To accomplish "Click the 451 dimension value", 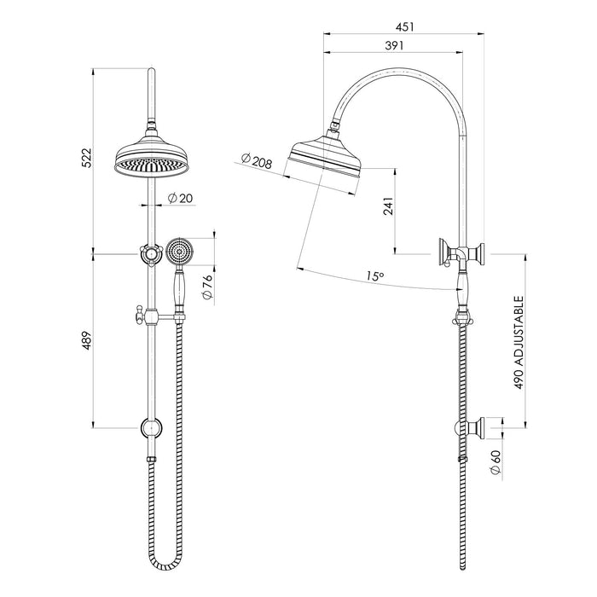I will coord(393,26).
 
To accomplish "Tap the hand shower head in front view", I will coord(179,252).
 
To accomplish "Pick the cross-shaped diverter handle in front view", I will coord(150,253).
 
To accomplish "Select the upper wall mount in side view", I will coord(461,253).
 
